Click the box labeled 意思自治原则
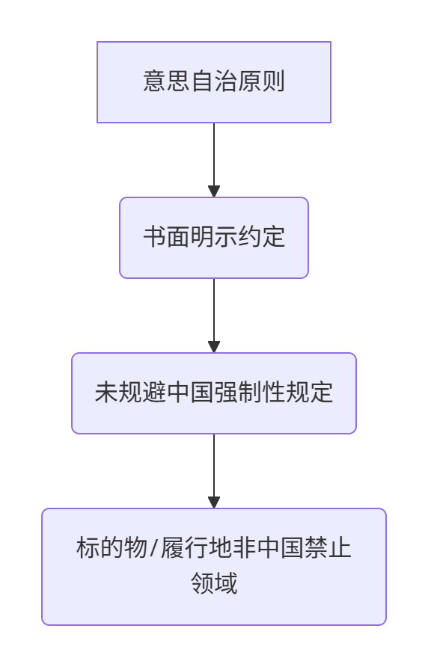[214, 82]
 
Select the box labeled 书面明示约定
[214, 238]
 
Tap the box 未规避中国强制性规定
[214, 393]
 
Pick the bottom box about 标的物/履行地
[214, 567]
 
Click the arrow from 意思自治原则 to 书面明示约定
[214, 160]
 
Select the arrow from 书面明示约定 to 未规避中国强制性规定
[214, 316]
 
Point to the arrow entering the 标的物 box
[214, 471]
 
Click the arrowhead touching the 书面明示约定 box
[214, 191]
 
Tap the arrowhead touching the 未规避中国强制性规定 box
[214, 347]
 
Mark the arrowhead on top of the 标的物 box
[214, 502]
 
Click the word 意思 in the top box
[167, 81]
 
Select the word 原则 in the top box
[261, 81]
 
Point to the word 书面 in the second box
[167, 236]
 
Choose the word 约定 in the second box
[261, 236]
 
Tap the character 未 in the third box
[106, 392]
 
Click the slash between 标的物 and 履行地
[153, 548]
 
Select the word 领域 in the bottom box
[214, 583]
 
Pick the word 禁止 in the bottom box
[328, 547]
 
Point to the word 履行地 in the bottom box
[195, 547]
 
